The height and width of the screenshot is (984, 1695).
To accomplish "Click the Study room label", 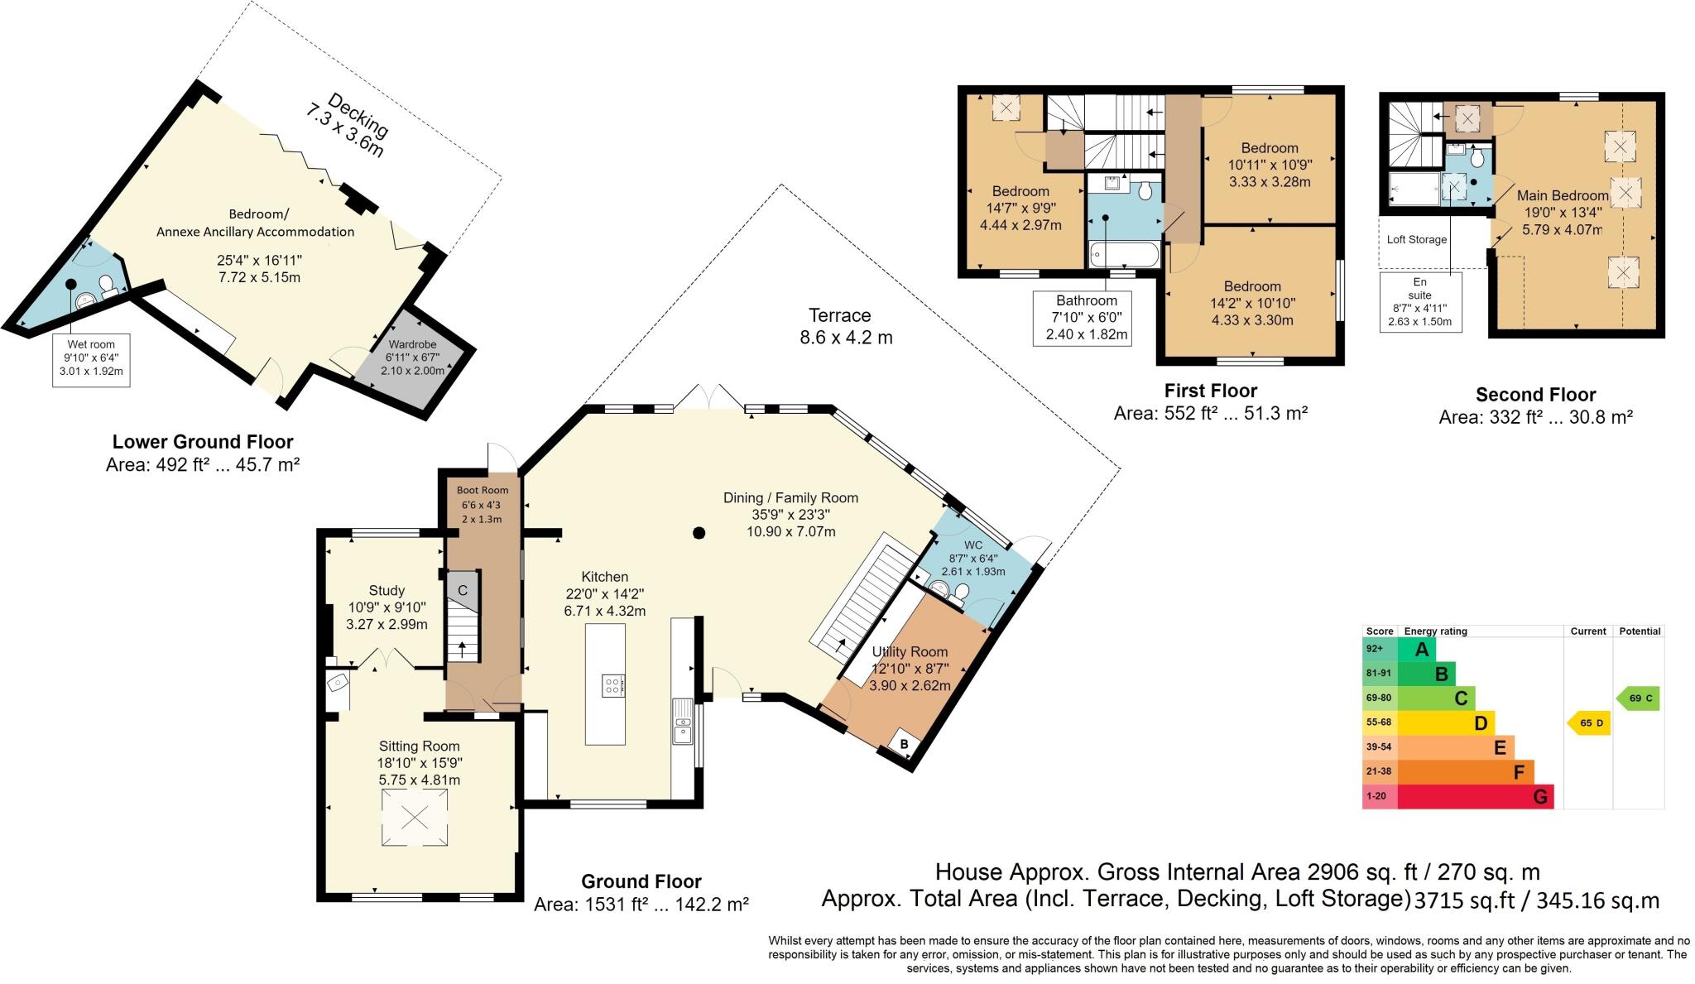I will click(387, 591).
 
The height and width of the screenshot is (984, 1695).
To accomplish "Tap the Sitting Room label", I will click(419, 746).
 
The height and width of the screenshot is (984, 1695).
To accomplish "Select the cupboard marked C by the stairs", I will click(463, 590).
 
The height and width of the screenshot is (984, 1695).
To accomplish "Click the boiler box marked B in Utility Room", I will click(905, 744).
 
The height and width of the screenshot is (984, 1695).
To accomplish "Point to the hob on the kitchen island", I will click(614, 685).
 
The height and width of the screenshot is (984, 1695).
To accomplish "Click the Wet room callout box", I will click(91, 358).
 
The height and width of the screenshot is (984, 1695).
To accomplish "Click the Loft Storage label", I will click(1417, 240).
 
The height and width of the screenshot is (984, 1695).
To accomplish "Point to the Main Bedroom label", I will click(1562, 196).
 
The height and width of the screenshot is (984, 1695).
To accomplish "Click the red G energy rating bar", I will click(1474, 797).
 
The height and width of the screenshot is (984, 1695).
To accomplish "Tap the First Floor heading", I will click(1210, 391).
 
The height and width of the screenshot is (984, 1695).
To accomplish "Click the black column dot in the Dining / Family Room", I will click(699, 533).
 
